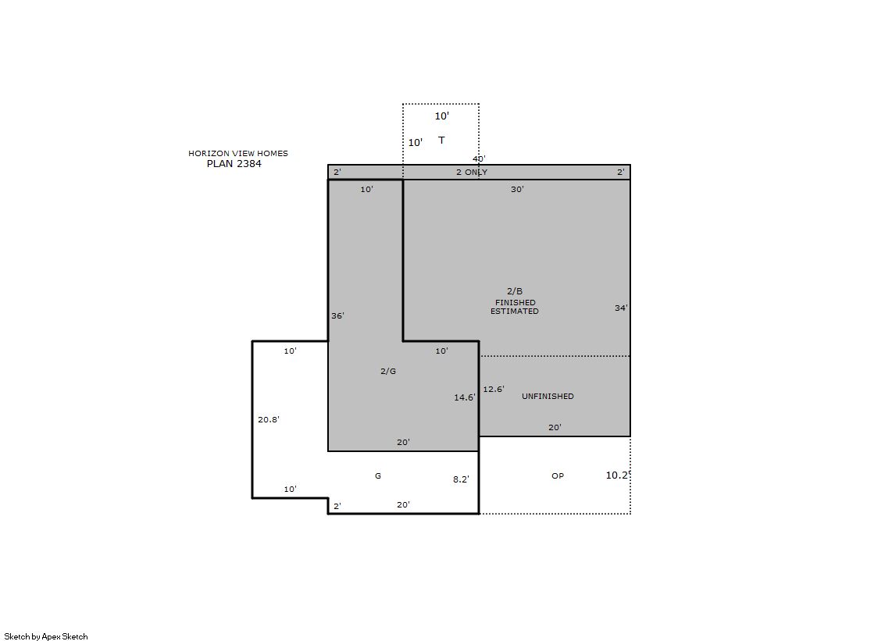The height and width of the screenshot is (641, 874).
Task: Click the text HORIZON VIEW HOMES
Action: (238, 153)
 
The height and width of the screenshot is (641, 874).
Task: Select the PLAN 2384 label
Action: (234, 164)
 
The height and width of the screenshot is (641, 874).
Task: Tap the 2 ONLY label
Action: (472, 173)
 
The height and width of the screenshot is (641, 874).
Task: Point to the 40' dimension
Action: (479, 158)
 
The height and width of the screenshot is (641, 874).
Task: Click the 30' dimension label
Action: (517, 190)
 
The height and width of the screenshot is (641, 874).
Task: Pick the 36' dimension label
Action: (337, 316)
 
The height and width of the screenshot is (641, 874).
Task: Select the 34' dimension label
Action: (621, 308)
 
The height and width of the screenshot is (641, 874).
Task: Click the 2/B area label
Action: (515, 291)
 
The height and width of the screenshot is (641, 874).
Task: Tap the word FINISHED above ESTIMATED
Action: (515, 303)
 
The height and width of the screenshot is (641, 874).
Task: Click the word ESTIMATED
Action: (515, 312)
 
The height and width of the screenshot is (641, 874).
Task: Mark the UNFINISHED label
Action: (548, 397)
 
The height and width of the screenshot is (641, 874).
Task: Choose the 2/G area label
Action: (388, 371)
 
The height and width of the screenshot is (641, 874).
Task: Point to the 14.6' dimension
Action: (464, 397)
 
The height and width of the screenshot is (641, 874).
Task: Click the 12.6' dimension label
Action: (494, 389)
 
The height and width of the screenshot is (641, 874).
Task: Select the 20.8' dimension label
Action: (268, 420)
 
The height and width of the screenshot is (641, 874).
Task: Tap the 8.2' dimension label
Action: (461, 479)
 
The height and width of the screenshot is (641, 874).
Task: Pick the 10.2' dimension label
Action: (618, 475)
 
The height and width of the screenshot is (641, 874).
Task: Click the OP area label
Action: (558, 476)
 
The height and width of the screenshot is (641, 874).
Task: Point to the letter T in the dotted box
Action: (441, 140)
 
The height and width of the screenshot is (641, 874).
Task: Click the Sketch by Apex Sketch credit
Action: (46, 636)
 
